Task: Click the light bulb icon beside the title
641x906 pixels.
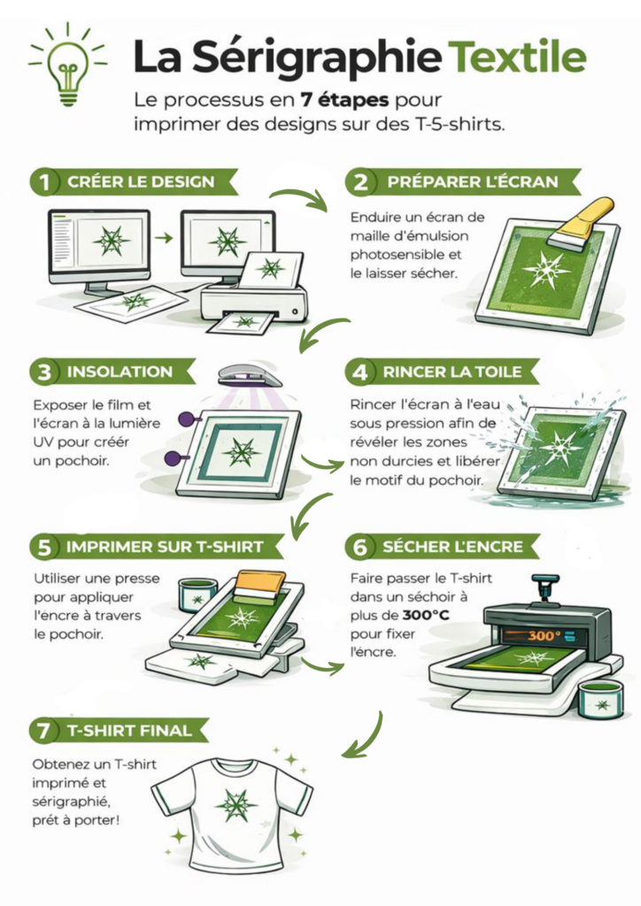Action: click(x=67, y=65)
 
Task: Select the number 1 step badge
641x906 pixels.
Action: click(x=44, y=182)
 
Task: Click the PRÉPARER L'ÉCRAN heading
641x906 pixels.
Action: click(x=473, y=182)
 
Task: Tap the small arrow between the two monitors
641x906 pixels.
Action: click(x=164, y=237)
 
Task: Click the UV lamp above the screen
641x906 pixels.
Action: click(x=250, y=377)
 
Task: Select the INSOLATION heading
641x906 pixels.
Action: click(x=120, y=372)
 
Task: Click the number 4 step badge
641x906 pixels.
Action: click(x=359, y=372)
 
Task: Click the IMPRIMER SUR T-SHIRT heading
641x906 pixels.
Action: click(x=165, y=547)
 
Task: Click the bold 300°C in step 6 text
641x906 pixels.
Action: click(x=426, y=615)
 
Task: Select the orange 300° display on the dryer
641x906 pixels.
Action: click(x=544, y=635)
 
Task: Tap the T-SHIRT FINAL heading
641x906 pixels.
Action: click(x=129, y=730)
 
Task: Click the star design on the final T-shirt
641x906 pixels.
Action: click(x=236, y=805)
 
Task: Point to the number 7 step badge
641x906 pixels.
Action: click(x=44, y=730)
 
